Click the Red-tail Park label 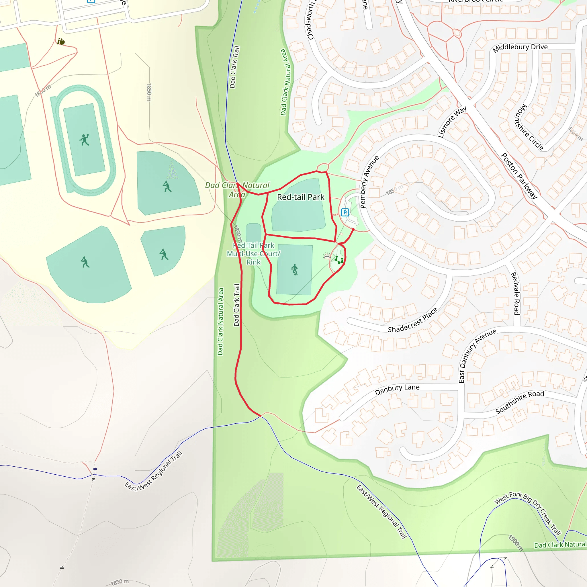pyautogui.click(x=300, y=197)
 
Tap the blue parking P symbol pyautogui.click(x=345, y=212)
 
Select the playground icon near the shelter pyautogui.click(x=339, y=260)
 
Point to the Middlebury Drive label pyautogui.click(x=520, y=48)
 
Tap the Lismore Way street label pyautogui.click(x=452, y=122)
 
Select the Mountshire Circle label pyautogui.click(x=528, y=128)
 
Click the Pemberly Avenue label pyautogui.click(x=369, y=182)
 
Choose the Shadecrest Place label pyautogui.click(x=413, y=320)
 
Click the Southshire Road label pyautogui.click(x=520, y=402)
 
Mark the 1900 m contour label pyautogui.click(x=516, y=543)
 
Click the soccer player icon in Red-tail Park pyautogui.click(x=294, y=269)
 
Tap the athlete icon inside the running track pyautogui.click(x=84, y=140)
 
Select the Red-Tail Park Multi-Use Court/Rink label pyautogui.click(x=253, y=254)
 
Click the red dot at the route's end pyautogui.click(x=353, y=230)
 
